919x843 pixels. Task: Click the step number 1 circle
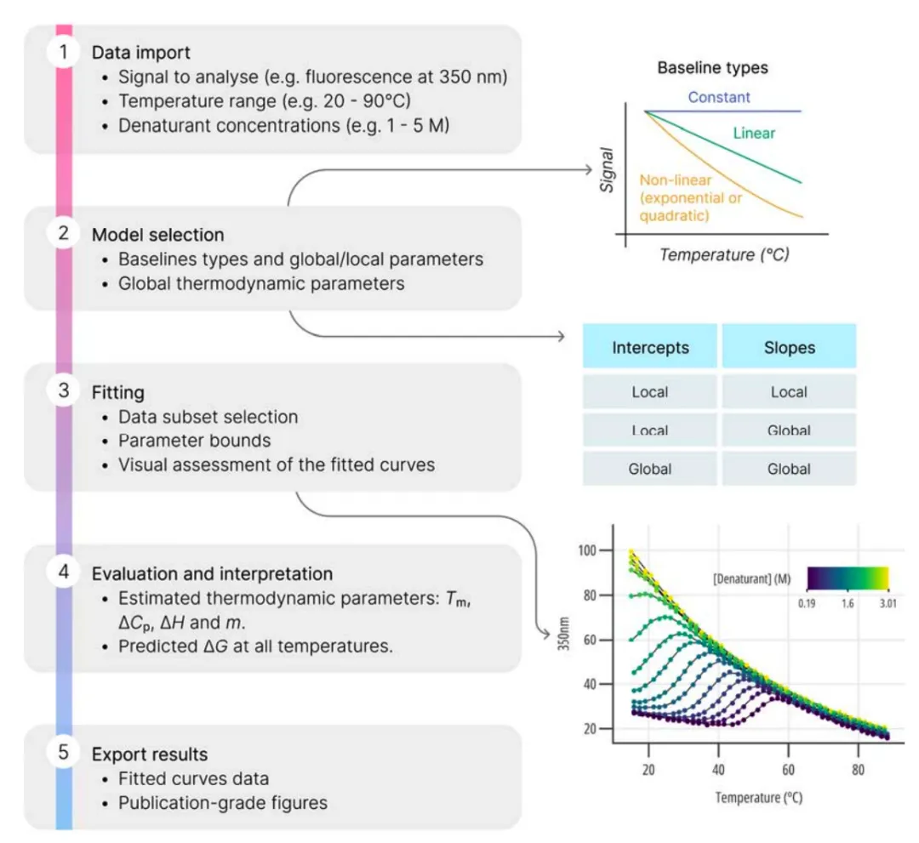click(x=63, y=52)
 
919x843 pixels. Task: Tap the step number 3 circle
click(x=63, y=390)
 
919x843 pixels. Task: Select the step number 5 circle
click(x=63, y=752)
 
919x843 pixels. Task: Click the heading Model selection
click(x=158, y=235)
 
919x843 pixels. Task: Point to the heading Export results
click(x=150, y=755)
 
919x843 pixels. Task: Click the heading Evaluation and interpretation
click(x=212, y=573)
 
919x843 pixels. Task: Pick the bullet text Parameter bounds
click(x=195, y=441)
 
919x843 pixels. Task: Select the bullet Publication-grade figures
click(x=223, y=802)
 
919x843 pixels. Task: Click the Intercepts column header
click(x=650, y=347)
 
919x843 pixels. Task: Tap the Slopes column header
click(x=789, y=347)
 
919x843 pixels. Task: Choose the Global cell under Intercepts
click(x=650, y=469)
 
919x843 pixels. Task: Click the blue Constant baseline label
click(x=718, y=97)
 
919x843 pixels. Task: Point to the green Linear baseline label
click(x=754, y=134)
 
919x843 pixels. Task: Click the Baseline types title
click(x=713, y=68)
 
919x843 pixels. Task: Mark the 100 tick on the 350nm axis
click(x=586, y=550)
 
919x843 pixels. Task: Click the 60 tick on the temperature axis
click(x=788, y=769)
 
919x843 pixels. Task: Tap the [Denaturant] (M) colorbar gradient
click(x=848, y=578)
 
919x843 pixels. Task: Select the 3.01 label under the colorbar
click(x=888, y=603)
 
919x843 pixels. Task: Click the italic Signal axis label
click(x=607, y=170)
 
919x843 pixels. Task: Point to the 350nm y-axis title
click(x=563, y=633)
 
